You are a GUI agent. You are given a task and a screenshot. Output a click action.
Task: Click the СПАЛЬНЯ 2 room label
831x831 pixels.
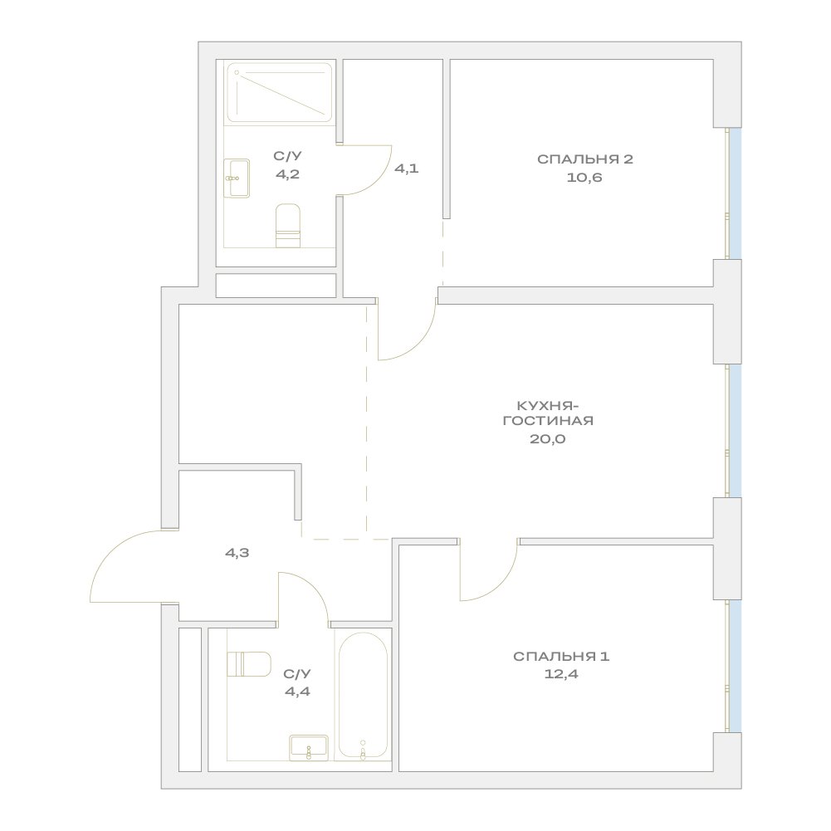[584, 159]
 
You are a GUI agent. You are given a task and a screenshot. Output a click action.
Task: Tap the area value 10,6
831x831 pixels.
[584, 178]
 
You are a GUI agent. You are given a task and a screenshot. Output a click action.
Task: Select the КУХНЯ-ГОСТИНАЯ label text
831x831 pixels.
[548, 413]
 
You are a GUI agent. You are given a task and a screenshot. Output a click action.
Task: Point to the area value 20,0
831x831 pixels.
[548, 439]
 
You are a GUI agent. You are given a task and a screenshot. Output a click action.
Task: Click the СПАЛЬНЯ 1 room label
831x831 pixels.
[561, 656]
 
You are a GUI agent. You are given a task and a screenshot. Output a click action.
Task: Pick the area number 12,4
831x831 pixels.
[561, 675]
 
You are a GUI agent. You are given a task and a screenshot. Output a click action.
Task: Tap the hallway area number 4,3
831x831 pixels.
[237, 553]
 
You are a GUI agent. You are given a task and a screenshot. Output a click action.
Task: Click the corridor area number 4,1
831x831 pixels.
[407, 169]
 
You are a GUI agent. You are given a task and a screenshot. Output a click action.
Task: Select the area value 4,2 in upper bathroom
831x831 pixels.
[288, 174]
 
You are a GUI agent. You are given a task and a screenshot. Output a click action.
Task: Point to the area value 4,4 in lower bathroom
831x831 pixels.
[297, 692]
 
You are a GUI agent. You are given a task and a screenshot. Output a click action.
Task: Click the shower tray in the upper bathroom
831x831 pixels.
[279, 93]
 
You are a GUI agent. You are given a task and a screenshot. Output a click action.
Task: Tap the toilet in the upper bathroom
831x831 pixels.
[288, 226]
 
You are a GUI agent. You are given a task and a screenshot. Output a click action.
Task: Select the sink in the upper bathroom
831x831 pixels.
[237, 178]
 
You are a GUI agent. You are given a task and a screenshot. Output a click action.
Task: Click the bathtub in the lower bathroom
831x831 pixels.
[363, 696]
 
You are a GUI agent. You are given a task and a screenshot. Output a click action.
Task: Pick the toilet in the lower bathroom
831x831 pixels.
[249, 664]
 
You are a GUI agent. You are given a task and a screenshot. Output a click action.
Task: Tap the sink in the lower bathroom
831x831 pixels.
[309, 747]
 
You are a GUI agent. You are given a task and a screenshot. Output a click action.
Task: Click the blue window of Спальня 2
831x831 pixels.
[735, 193]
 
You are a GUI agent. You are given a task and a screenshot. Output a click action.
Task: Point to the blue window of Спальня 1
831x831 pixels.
[735, 666]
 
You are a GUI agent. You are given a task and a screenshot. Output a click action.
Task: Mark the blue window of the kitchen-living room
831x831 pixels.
[735, 430]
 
